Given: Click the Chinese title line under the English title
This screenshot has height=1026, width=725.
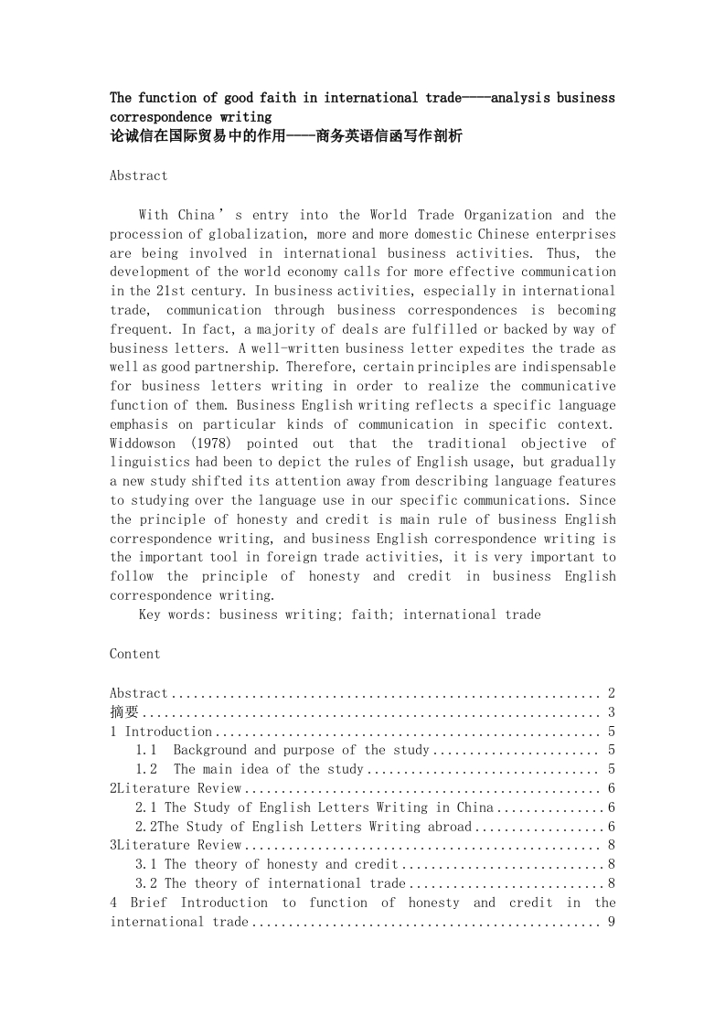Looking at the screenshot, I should point(286,136).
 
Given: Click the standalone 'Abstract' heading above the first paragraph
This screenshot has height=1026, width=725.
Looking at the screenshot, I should point(138,176).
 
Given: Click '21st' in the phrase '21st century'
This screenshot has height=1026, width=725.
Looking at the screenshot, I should point(161,292).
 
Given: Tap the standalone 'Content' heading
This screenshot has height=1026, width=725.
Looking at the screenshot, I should point(134,654).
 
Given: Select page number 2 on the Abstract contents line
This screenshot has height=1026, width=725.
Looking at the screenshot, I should point(611,693).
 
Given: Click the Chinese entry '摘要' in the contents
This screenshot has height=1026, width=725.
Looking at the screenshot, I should point(124,712).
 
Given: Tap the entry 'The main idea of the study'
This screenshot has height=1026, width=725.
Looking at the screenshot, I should point(267,770).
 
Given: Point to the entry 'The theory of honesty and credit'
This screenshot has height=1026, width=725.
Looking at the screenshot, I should point(282,864).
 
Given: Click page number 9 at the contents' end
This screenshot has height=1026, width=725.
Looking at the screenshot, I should point(611,922).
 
